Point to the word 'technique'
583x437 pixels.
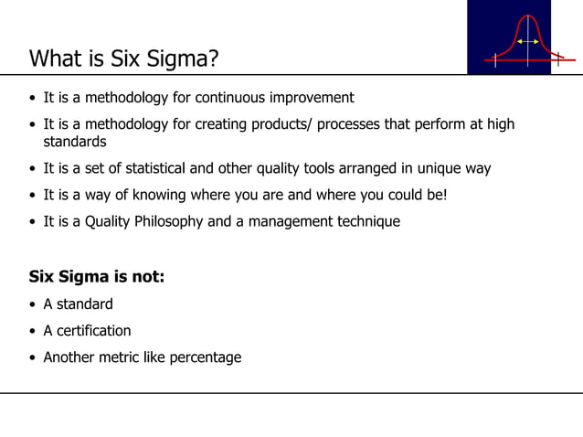coord(365,221)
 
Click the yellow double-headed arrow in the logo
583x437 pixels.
coord(526,41)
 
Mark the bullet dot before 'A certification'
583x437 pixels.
coord(33,331)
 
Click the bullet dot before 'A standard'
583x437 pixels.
coord(33,304)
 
